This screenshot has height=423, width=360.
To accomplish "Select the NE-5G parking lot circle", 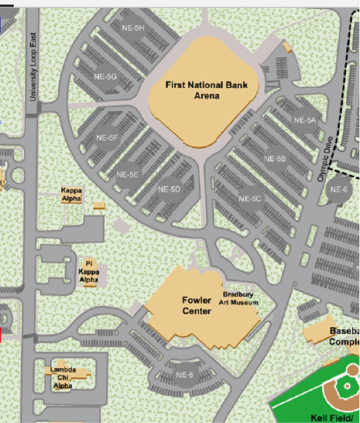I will (x=106, y=77).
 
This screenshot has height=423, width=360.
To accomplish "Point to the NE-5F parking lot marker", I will (x=107, y=138).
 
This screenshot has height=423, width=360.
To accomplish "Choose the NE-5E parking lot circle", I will (x=127, y=174).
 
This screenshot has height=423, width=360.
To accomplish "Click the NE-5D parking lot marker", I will (x=170, y=189).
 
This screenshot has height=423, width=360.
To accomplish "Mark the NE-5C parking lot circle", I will (x=250, y=198).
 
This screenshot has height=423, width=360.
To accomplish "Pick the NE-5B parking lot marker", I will (x=274, y=159).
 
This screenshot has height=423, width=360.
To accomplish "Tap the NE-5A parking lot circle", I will (x=305, y=121).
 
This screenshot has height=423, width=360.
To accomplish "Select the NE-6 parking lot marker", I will (x=339, y=190).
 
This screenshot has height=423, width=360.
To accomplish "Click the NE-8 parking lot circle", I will (x=186, y=375).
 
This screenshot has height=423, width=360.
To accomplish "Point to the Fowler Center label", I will (x=197, y=305).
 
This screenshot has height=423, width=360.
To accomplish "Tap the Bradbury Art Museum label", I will (x=240, y=299).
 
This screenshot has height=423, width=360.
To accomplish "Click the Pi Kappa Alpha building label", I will (x=89, y=271).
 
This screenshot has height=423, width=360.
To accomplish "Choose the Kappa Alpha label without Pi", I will (x=71, y=194).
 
